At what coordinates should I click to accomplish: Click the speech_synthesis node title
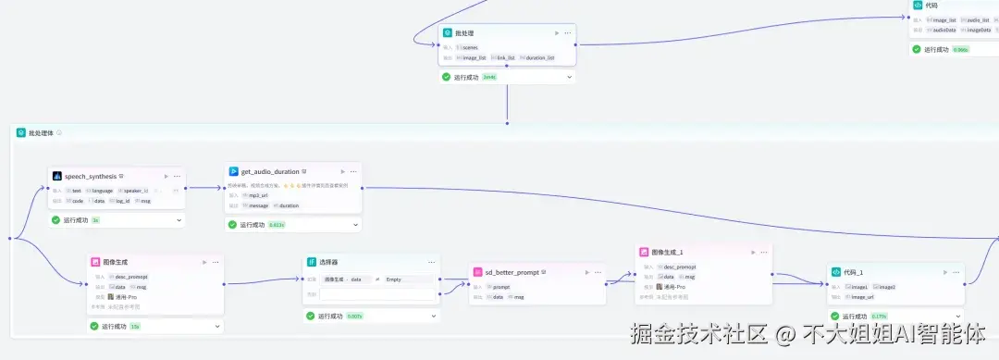click(91, 176)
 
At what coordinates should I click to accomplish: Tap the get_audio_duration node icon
click(234, 171)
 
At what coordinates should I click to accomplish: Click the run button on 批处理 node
click(556, 33)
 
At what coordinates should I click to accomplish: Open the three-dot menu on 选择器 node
click(430, 262)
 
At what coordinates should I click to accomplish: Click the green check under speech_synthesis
click(55, 220)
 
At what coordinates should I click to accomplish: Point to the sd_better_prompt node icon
click(477, 272)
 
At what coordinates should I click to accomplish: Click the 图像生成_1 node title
click(667, 252)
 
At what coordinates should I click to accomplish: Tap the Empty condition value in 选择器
click(395, 279)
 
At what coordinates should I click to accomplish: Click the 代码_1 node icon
click(836, 272)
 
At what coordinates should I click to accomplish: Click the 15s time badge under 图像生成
click(135, 326)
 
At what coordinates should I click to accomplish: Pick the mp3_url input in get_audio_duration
click(257, 195)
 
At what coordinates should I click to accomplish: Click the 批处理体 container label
click(41, 132)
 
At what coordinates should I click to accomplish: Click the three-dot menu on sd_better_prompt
click(598, 272)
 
